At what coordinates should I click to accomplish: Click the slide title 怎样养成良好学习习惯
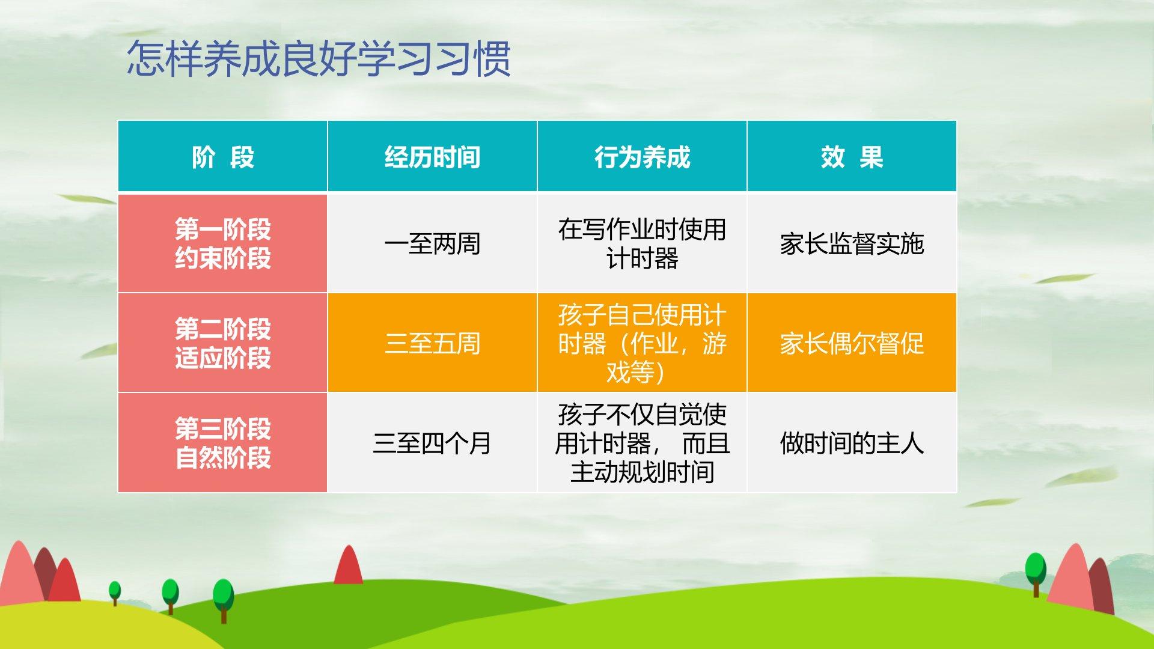pos(319,59)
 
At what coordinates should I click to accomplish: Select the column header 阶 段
pos(223,157)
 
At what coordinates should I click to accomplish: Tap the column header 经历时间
pos(432,157)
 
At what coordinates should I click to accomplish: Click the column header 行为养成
pos(642,157)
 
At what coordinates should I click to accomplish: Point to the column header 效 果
pos(852,157)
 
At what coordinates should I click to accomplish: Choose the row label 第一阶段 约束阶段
pos(223,243)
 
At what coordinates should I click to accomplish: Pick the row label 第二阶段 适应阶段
pos(223,343)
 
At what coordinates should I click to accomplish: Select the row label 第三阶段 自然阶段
pos(223,443)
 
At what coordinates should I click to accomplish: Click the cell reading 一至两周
pos(432,244)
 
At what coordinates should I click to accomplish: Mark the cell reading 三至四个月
pos(432,443)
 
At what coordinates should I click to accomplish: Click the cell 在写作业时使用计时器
pos(642,244)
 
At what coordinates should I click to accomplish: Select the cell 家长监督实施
pos(852,244)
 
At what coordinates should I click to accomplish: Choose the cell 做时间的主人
pos(852,443)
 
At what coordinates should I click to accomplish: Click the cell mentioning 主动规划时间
pos(642,443)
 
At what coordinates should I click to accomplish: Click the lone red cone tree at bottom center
pos(348,565)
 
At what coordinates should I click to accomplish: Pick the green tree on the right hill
pos(1036,574)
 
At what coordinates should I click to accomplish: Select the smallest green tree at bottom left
pos(114,592)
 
